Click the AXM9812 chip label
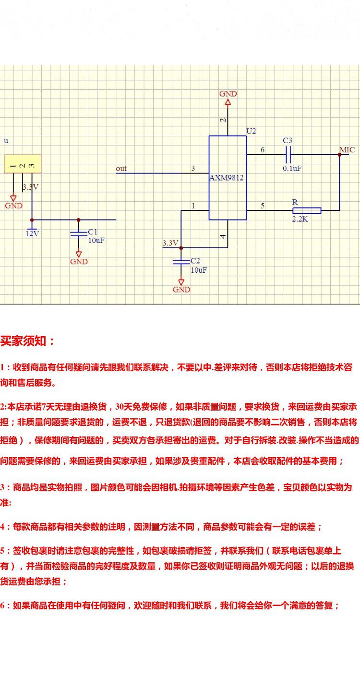click(x=227, y=178)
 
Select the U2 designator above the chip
click(x=251, y=131)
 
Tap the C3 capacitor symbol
click(x=288, y=154)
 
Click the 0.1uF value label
click(x=291, y=168)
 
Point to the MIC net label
click(x=347, y=150)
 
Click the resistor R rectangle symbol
click(x=307, y=210)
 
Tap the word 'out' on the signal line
click(x=121, y=169)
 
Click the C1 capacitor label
click(x=92, y=232)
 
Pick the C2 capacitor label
click(x=195, y=261)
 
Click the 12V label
click(x=32, y=234)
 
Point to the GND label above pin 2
click(x=228, y=94)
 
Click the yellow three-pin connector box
click(x=23, y=164)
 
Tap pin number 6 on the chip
click(x=263, y=150)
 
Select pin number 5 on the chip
click(x=263, y=206)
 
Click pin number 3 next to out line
click(x=193, y=169)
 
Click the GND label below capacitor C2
click(x=181, y=290)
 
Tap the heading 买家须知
click(x=28, y=341)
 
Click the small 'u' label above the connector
click(x=6, y=141)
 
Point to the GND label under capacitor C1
click(x=79, y=262)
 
